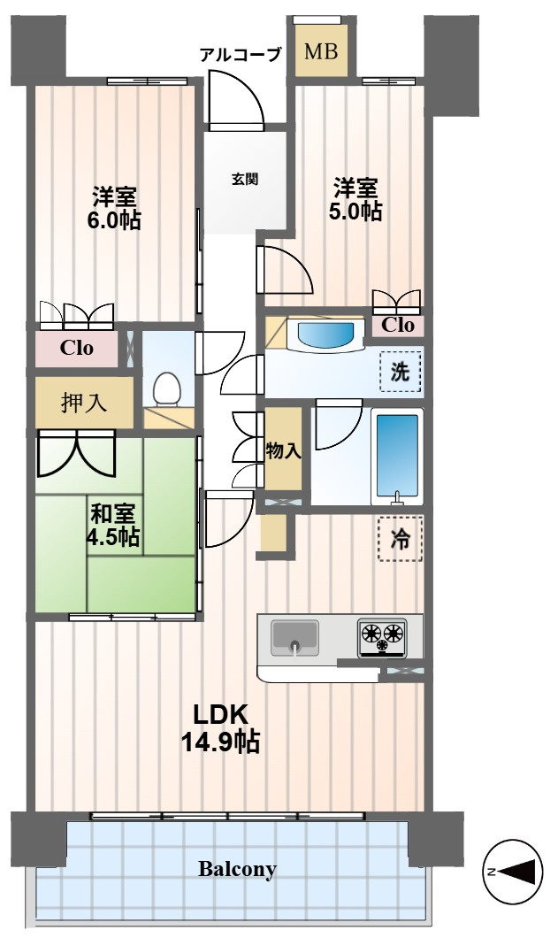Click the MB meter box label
[x=321, y=51]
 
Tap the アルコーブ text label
[x=240, y=56]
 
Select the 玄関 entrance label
[x=245, y=178]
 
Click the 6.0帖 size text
[x=114, y=220]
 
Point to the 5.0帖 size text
[x=355, y=211]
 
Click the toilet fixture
[x=167, y=389]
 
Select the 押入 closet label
[x=84, y=404]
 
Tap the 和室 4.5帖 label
[x=113, y=525]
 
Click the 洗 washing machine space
[x=401, y=372]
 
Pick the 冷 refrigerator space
[x=400, y=539]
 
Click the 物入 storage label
[x=283, y=450]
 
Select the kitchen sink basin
[x=294, y=638]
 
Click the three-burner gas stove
[x=383, y=636]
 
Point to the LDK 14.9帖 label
[x=220, y=728]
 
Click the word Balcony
[x=237, y=869]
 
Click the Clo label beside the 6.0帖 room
[x=77, y=348]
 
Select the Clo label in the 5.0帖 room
[x=398, y=325]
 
